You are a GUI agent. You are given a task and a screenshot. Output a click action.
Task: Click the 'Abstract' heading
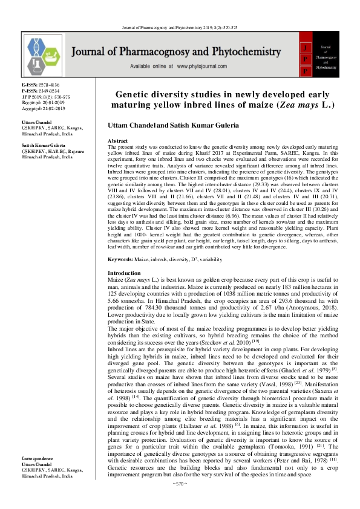pos(117,140)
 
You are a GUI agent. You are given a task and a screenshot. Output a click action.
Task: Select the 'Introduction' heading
pos(123,273)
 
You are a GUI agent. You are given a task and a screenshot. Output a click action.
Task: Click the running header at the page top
pos(180,11)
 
